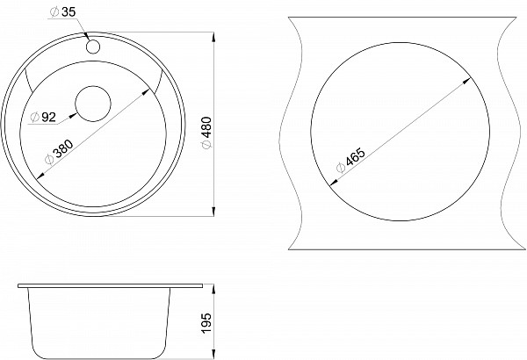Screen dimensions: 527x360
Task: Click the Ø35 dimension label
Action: click(x=62, y=11)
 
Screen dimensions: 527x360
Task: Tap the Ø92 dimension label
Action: click(x=43, y=117)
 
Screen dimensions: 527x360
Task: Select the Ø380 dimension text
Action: click(x=59, y=152)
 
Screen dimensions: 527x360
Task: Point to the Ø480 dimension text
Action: click(x=207, y=132)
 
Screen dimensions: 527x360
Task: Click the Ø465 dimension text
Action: click(x=350, y=160)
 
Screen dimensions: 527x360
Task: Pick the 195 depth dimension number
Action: click(x=207, y=323)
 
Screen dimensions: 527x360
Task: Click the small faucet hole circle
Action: click(x=92, y=46)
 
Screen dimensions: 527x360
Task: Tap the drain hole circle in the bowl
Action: click(x=93, y=104)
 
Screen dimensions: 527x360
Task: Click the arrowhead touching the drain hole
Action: click(x=72, y=116)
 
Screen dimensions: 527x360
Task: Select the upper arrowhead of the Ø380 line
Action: click(x=146, y=92)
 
